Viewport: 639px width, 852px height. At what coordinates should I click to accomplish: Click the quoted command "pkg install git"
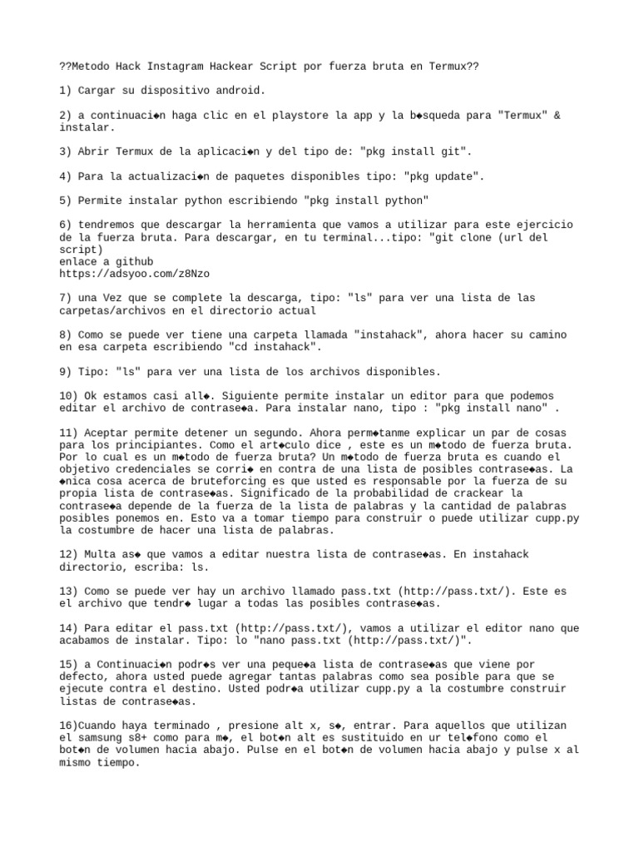[423, 152]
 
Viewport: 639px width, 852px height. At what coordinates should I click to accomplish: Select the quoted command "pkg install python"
[367, 201]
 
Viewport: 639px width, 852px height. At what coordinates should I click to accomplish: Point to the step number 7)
[67, 298]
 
